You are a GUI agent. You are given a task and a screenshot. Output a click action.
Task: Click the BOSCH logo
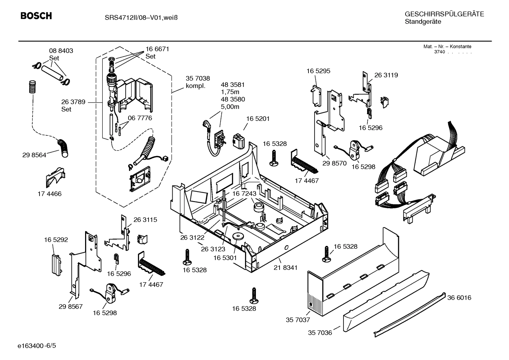coord(36,16)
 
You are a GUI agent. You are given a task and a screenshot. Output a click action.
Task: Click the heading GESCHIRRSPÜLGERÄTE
coord(444,14)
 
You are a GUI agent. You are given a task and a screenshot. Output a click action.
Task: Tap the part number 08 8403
coord(61,51)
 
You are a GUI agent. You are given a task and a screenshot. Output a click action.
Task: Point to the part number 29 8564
coord(34,155)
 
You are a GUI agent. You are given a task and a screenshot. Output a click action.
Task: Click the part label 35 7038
coord(198,78)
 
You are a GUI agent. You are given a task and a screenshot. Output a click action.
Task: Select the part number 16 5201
coord(258,119)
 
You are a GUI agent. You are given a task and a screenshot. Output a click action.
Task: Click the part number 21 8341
coord(285,268)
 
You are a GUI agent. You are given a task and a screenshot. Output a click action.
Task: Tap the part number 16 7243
coord(244,194)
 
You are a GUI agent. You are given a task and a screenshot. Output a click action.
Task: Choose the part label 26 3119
coord(386,75)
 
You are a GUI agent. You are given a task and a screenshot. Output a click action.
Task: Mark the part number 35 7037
coord(298,320)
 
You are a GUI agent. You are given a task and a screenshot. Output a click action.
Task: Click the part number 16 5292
coord(56,240)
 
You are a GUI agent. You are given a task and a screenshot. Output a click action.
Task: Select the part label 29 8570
coord(334,163)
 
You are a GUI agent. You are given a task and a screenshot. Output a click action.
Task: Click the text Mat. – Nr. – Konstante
coord(447,47)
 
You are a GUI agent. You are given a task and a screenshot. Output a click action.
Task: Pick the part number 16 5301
coord(225,258)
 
